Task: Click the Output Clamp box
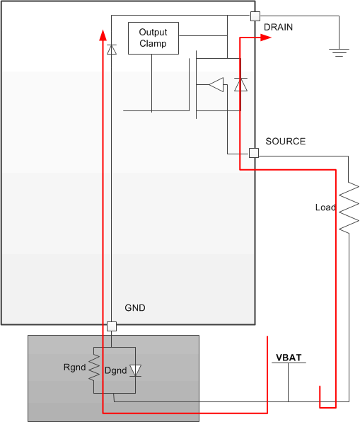click(x=153, y=38)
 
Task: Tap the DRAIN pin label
click(x=278, y=28)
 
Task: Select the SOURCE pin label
click(x=285, y=142)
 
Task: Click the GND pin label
click(x=134, y=309)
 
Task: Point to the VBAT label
click(x=289, y=358)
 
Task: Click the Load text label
click(x=325, y=207)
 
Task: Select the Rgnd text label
click(x=74, y=368)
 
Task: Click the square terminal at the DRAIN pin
click(x=255, y=16)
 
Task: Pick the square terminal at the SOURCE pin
click(x=254, y=153)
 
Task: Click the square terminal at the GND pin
click(x=111, y=326)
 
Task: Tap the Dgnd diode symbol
click(x=136, y=370)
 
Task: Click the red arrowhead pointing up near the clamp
click(x=103, y=35)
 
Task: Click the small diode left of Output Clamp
click(x=111, y=50)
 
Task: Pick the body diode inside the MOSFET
click(x=240, y=85)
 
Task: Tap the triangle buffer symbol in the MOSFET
click(x=216, y=85)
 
